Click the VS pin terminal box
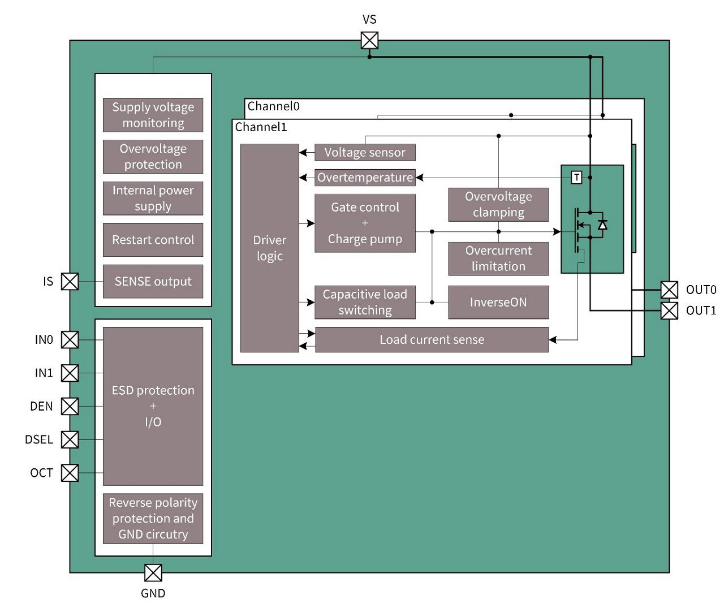point(369,41)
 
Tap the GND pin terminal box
point(153,572)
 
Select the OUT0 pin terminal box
point(669,290)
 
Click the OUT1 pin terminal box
point(669,311)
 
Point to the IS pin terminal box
point(70,281)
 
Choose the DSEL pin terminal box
point(70,439)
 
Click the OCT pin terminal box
point(70,473)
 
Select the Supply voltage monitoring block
point(153,115)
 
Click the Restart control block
point(153,240)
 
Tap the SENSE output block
point(153,281)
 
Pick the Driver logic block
point(269,248)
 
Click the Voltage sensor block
point(365,152)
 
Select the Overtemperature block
point(365,178)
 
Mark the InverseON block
point(498,302)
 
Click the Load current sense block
point(432,339)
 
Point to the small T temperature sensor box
point(576,178)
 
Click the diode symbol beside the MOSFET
point(603,225)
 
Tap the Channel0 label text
point(273,106)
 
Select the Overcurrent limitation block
point(498,258)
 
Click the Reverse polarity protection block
point(153,518)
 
